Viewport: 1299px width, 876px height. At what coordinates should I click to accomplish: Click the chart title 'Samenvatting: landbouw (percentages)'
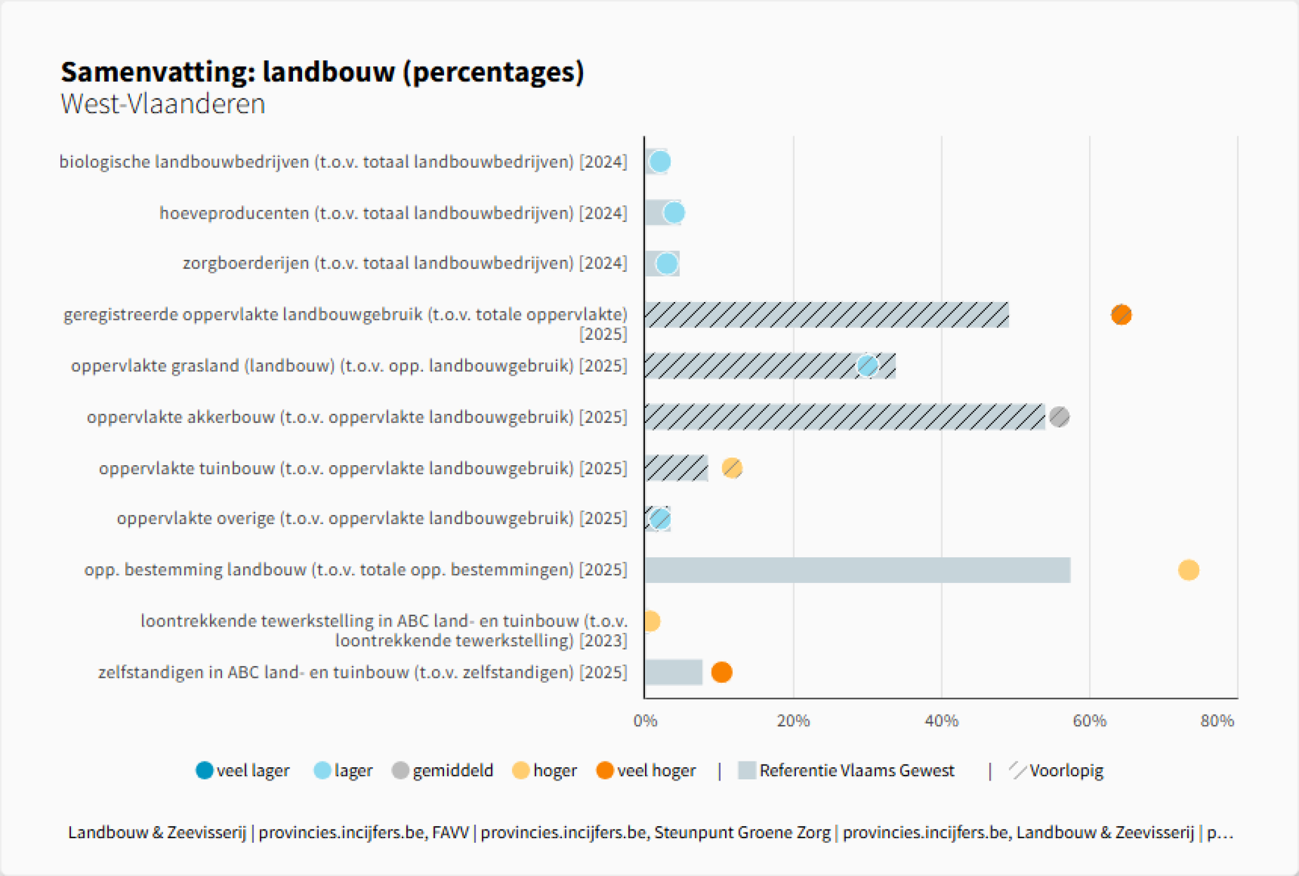[x=323, y=72]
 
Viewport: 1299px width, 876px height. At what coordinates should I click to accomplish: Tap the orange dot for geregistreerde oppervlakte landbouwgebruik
[x=1120, y=315]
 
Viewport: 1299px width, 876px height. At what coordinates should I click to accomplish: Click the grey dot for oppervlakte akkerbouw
[x=1059, y=417]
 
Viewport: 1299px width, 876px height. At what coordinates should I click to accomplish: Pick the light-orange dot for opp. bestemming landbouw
[x=1188, y=569]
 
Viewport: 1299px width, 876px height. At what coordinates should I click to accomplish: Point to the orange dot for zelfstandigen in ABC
[x=721, y=672]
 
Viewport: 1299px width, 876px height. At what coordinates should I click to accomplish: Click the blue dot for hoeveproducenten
[x=674, y=212]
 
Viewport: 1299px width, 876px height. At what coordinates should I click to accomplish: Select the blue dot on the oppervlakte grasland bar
[x=867, y=366]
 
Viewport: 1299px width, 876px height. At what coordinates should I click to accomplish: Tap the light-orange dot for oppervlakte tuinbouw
[x=732, y=468]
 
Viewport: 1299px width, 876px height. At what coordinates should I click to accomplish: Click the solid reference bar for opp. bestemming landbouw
[x=857, y=570]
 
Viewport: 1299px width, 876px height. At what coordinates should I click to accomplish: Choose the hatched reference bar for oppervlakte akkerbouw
[x=845, y=417]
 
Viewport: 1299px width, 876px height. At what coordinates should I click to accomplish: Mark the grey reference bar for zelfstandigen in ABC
[x=673, y=672]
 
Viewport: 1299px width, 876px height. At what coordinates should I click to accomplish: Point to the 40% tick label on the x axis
[x=941, y=721]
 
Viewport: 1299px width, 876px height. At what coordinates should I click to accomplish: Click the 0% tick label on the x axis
[x=645, y=721]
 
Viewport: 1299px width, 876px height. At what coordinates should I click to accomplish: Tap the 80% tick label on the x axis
[x=1216, y=721]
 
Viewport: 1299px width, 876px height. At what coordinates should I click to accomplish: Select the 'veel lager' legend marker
[x=205, y=770]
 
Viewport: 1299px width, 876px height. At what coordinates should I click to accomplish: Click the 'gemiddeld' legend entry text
[x=453, y=770]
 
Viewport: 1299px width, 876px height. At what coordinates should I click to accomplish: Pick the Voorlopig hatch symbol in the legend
[x=1017, y=770]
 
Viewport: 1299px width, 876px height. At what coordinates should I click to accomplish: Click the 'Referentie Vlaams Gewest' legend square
[x=747, y=770]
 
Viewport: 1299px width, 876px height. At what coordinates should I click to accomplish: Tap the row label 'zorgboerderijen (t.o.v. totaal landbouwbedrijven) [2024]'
[x=404, y=263]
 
